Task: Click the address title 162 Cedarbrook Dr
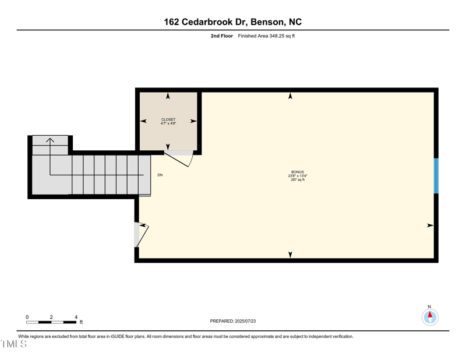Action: pos(232,22)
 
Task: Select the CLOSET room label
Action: pos(168,119)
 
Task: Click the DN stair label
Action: pos(160,175)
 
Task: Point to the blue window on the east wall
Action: pos(436,175)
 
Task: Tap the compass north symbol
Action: pos(430,316)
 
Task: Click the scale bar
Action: pos(51,322)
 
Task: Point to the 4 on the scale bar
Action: pos(76,317)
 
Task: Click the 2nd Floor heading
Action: pos(222,36)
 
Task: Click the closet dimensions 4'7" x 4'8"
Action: pos(168,123)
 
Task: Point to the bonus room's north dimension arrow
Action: pos(290,96)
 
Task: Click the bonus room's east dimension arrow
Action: pos(430,225)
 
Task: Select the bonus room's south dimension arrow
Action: pos(290,254)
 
